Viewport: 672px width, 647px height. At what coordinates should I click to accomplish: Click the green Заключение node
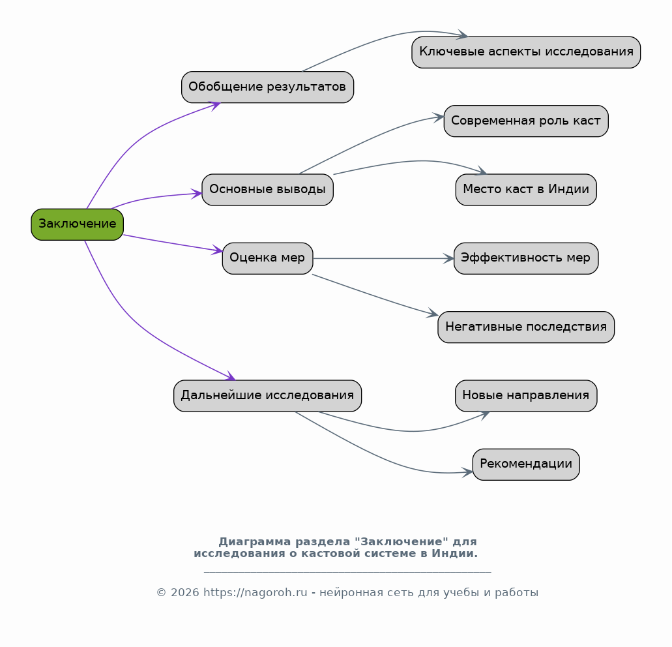tap(77, 224)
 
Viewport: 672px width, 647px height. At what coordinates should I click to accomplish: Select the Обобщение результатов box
tap(267, 87)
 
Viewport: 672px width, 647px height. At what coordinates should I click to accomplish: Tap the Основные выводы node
tap(267, 190)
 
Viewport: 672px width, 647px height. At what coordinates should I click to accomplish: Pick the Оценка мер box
tap(267, 258)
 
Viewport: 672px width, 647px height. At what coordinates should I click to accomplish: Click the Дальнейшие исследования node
tap(267, 396)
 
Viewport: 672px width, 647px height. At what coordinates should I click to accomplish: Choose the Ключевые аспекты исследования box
tap(526, 52)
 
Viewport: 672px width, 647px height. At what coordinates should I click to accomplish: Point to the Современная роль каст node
tap(526, 121)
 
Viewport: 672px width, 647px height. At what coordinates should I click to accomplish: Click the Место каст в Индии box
tap(526, 190)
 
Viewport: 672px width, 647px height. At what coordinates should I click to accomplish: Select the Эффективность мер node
tap(526, 258)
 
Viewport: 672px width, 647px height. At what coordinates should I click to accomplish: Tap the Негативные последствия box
tap(526, 327)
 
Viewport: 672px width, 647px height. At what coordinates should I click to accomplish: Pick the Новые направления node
tap(526, 396)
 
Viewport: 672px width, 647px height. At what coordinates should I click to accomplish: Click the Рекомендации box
tap(526, 464)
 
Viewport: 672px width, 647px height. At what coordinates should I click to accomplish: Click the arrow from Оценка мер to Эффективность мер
tap(383, 258)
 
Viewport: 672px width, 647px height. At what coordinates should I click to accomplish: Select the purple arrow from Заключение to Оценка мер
tap(173, 243)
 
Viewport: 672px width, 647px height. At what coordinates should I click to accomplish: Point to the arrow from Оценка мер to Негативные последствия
tap(375, 296)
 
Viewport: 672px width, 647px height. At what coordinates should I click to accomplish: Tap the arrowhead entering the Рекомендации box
tap(467, 472)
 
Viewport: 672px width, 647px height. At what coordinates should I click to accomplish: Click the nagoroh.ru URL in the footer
tap(255, 593)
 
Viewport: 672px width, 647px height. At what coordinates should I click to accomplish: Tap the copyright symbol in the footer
tap(161, 593)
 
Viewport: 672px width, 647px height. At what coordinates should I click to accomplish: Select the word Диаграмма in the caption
tap(255, 542)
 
